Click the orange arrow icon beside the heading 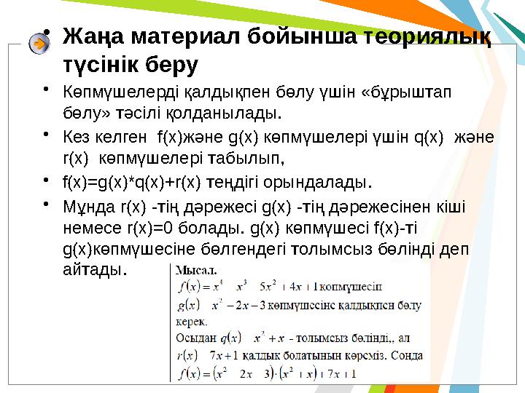coord(39,44)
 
